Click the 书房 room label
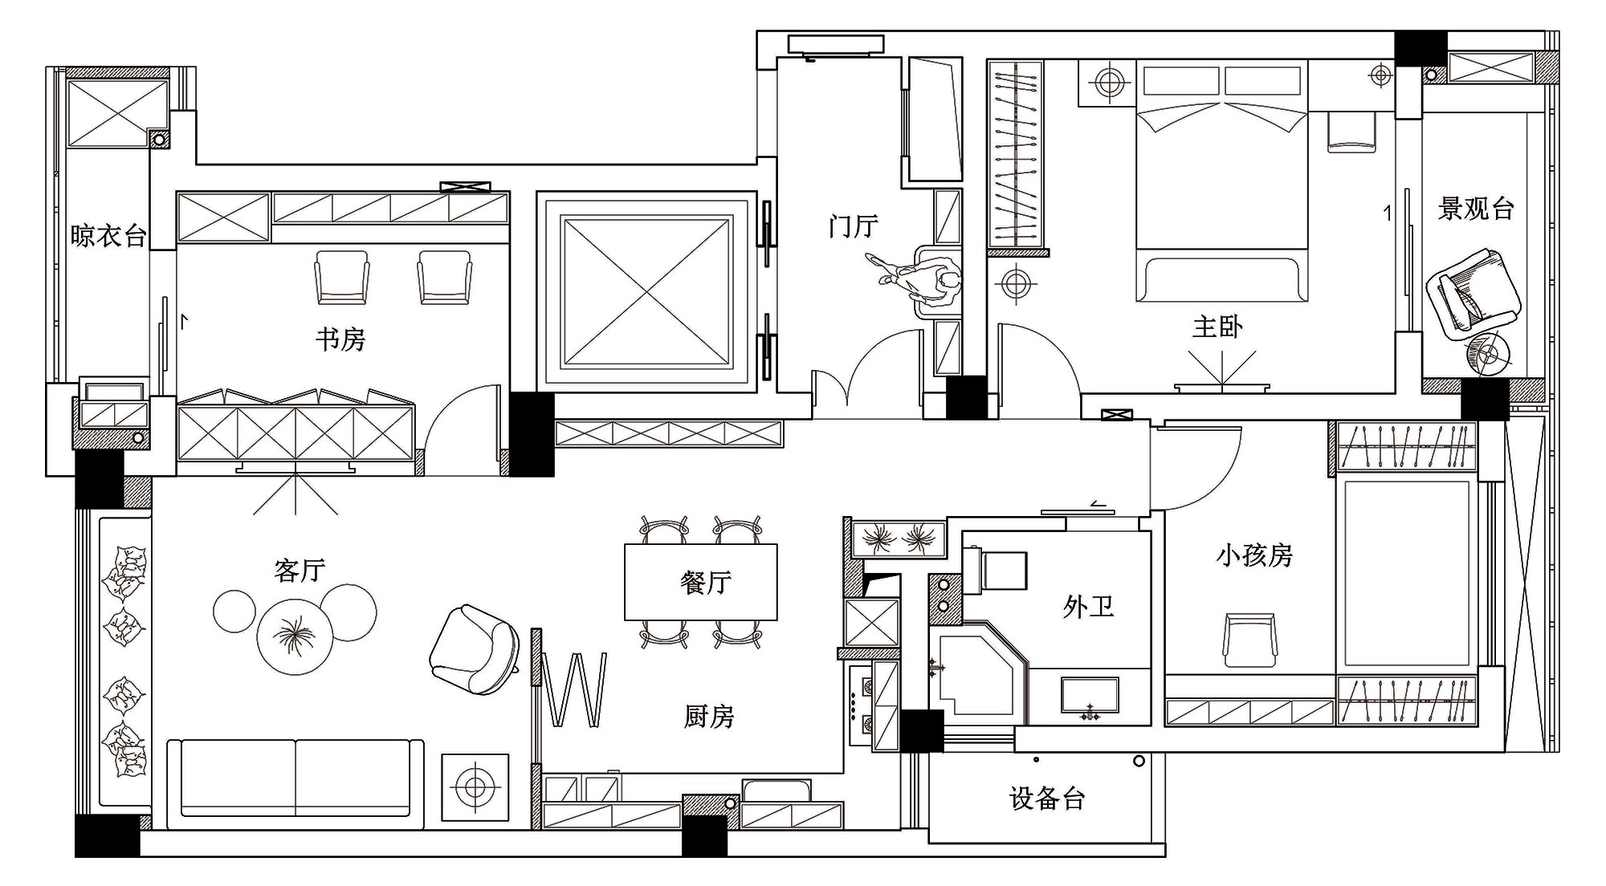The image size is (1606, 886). pos(340,339)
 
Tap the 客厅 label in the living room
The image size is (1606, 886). pos(300,571)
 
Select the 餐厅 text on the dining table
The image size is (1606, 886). pos(706,582)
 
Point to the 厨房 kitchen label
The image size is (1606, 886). pos(709,716)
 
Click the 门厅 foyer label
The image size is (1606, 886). pos(854,226)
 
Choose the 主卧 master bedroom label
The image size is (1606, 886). pos(1217,327)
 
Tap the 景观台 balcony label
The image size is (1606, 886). pos(1476,209)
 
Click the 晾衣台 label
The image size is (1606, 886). pos(108,235)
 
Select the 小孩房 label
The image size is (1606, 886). pos(1254,555)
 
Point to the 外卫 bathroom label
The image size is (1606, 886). pos(1088,606)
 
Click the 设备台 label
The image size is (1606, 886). pos(1047,799)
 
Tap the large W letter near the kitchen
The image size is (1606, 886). pos(575,689)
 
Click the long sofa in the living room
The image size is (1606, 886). pos(296,783)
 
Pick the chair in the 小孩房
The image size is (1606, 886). pos(1249,640)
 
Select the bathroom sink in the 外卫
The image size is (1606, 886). pos(1090,696)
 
